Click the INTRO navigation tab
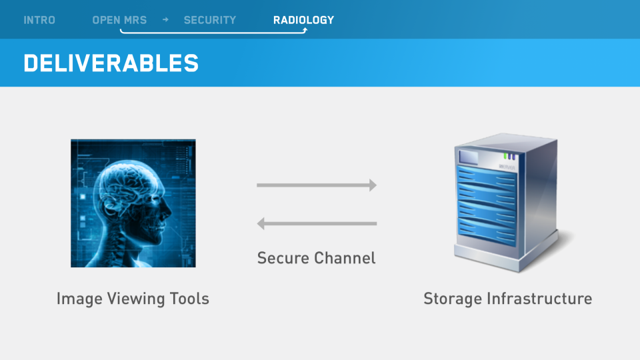39,20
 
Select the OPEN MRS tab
119,20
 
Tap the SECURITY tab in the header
209,20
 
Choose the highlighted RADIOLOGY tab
303,20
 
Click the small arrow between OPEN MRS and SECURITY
165,19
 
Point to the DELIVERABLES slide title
111,63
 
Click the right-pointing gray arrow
317,185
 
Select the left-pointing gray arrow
317,223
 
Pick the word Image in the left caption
75,299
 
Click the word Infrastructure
539,299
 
